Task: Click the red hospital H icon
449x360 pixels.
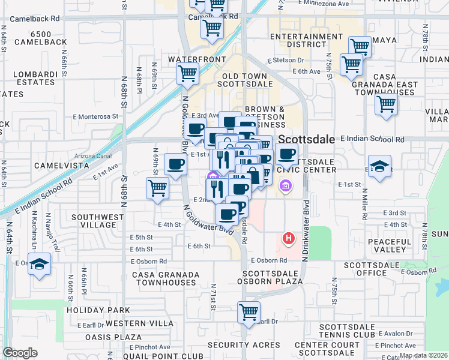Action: (288, 239)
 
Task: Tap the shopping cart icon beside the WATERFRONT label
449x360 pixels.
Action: (187, 74)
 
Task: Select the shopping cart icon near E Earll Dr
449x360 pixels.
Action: (249, 313)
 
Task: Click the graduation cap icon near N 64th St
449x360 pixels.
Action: (39, 265)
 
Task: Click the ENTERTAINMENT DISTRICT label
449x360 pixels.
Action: (306, 40)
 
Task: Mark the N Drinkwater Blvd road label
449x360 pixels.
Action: (307, 230)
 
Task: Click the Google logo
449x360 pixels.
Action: (20, 353)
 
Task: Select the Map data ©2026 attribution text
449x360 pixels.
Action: (423, 355)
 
